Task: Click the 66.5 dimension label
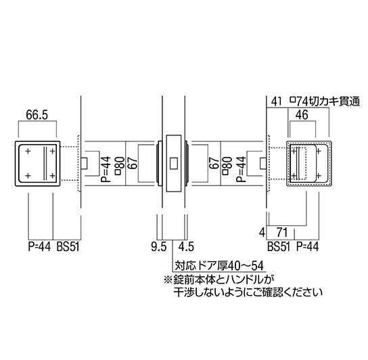tap(37, 115)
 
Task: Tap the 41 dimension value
tap(276, 102)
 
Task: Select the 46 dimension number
tap(302, 115)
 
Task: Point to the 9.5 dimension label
tap(159, 247)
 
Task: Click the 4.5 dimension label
tap(186, 247)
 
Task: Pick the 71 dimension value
tap(282, 233)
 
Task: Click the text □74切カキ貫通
tap(325, 102)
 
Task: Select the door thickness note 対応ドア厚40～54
tap(219, 266)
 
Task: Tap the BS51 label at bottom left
tap(68, 247)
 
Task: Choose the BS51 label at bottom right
tap(279, 247)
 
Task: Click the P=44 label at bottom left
tap(39, 247)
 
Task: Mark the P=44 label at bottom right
tap(307, 247)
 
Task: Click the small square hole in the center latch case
tap(173, 164)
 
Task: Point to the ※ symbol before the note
tap(168, 280)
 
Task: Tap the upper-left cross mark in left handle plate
tap(28, 151)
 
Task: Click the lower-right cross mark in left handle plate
tap(53, 176)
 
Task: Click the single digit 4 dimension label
tap(262, 233)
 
